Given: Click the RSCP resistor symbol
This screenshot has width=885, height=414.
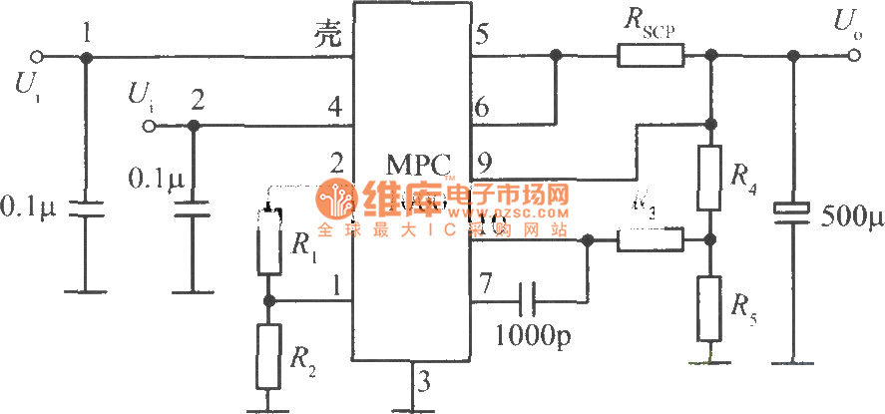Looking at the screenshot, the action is [650, 56].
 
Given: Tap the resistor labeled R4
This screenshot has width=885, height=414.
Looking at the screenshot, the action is [709, 176].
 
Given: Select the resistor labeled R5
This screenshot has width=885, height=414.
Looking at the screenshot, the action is [709, 305].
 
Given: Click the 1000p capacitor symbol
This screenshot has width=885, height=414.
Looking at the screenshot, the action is [528, 296].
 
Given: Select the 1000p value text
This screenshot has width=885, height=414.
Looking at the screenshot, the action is [532, 333].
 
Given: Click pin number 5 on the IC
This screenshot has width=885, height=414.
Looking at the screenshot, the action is [483, 36].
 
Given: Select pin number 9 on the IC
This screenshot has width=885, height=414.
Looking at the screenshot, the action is [483, 160].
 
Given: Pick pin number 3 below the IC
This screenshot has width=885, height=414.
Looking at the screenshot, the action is [424, 381].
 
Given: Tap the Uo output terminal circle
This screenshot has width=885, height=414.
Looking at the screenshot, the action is [853, 56].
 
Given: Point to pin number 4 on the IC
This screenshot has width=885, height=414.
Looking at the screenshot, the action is [335, 105].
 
